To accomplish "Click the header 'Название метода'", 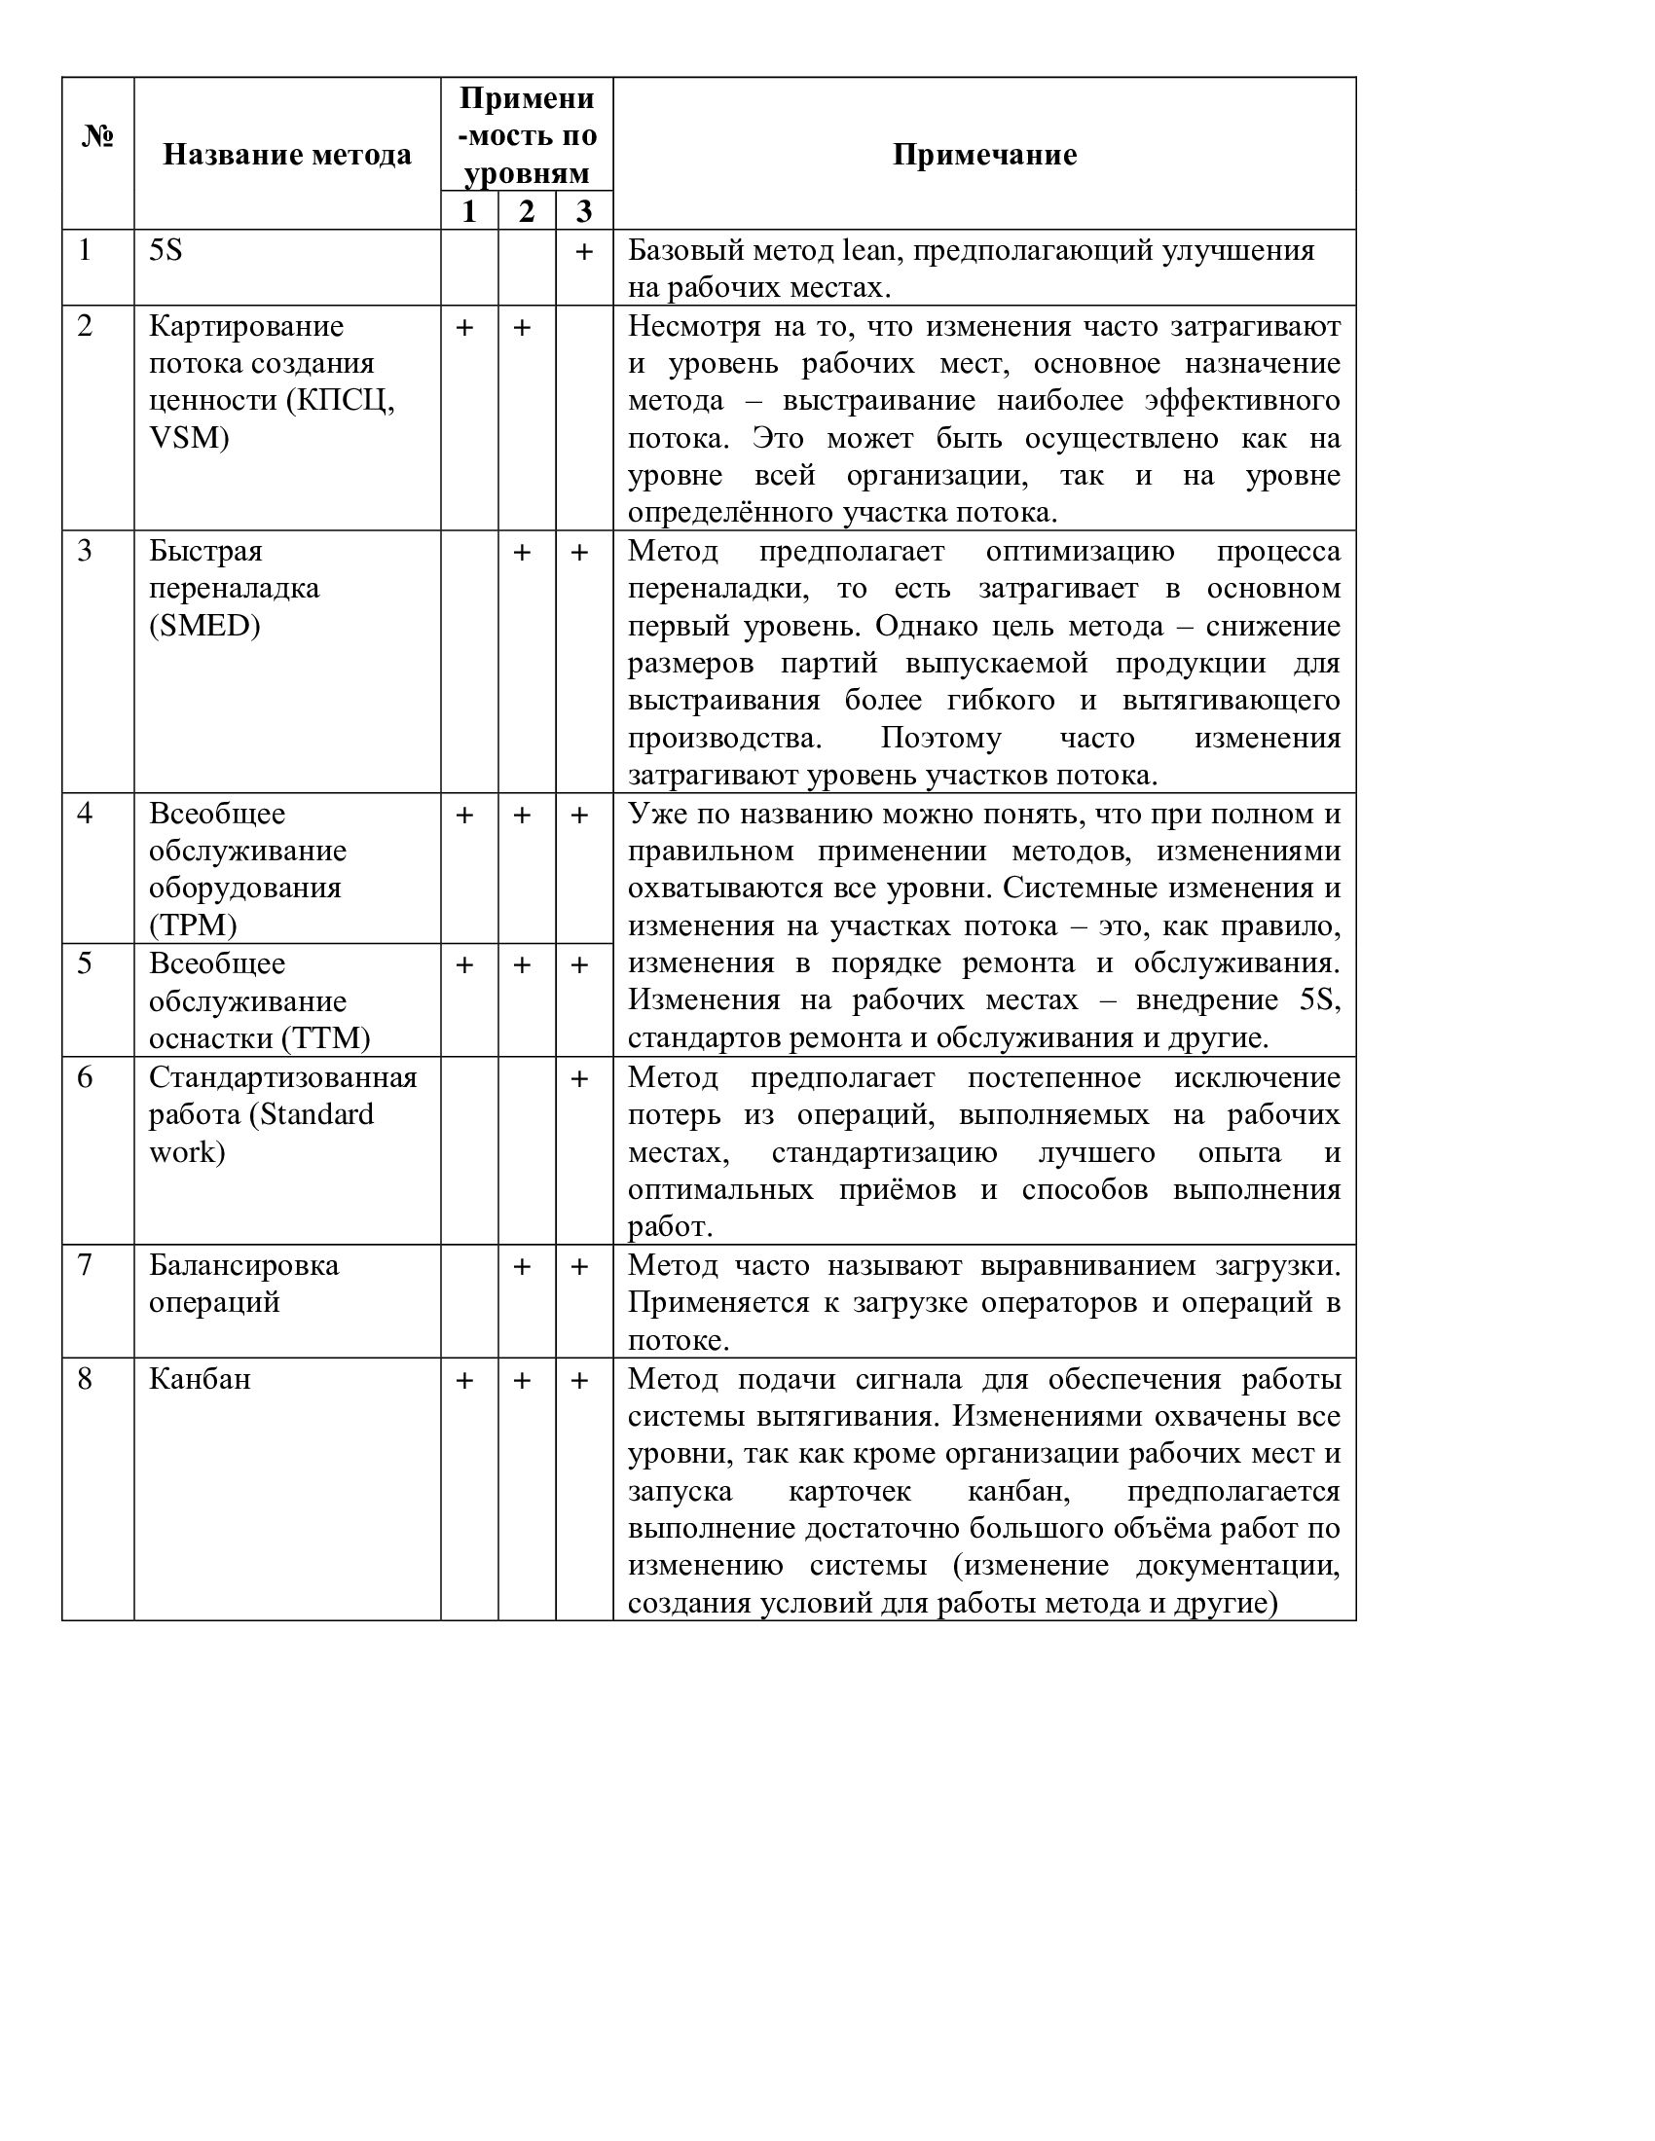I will tap(286, 155).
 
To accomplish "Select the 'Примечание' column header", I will tap(984, 155).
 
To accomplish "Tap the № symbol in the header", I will tap(98, 136).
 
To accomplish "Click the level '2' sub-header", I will tap(527, 211).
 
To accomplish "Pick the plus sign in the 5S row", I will tap(583, 252).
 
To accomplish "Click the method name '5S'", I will tap(165, 251).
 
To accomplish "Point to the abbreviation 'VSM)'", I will tap(188, 437).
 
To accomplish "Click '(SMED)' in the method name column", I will tap(203, 626).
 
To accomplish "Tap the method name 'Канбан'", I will tap(199, 1379).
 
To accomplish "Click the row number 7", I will tap(86, 1265).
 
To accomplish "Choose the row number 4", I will tap(86, 814).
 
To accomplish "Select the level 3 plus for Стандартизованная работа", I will tap(579, 1079).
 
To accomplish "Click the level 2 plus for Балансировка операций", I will tap(523, 1267).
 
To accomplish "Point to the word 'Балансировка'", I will tap(243, 1265).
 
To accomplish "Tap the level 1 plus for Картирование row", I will tap(464, 327).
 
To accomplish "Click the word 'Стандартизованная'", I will tap(282, 1077).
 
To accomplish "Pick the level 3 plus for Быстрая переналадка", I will tap(579, 553).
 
